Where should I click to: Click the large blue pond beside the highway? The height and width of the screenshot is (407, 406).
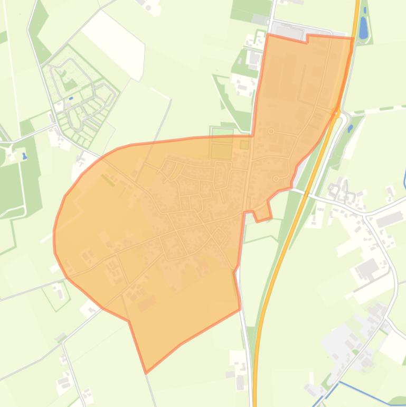click(x=363, y=27)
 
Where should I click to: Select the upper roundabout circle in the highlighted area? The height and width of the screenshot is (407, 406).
click(x=271, y=131)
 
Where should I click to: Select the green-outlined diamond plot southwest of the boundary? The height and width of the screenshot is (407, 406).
click(x=57, y=295)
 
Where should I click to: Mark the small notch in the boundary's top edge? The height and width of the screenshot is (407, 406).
click(x=307, y=39)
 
